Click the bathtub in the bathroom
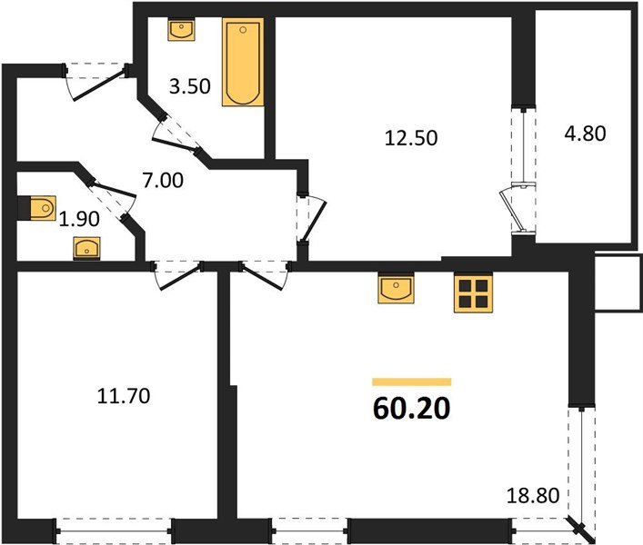[x=242, y=62]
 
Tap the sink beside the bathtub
[x=182, y=28]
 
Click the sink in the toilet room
[x=87, y=246]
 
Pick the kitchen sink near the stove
[x=396, y=290]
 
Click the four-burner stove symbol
[x=472, y=293]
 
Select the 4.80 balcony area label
[x=584, y=134]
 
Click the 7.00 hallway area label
[x=163, y=180]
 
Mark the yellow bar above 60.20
[x=411, y=382]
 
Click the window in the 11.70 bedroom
[x=113, y=526]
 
